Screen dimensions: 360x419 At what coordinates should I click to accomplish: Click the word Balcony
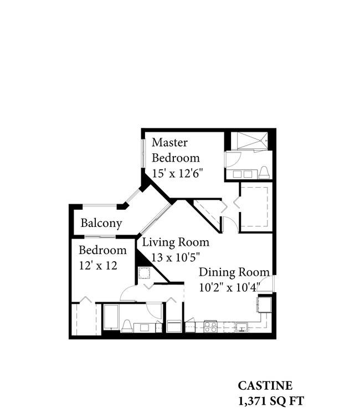pos(101,224)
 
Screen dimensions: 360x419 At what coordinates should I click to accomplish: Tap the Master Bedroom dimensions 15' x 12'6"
pos(176,173)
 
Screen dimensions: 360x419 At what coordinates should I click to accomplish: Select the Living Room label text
pos(176,242)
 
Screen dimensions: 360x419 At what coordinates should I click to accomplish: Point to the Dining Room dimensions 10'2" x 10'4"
pos(229,287)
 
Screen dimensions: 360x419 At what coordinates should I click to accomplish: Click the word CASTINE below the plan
pos(265,386)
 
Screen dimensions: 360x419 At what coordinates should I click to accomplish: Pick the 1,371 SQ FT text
pos(271,401)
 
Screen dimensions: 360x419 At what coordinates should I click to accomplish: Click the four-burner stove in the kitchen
pos(210,326)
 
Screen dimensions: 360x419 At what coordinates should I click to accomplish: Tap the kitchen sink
pos(241,327)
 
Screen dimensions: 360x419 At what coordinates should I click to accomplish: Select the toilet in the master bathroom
pos(264,172)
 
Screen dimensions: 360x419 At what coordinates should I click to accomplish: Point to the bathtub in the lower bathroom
pos(111,317)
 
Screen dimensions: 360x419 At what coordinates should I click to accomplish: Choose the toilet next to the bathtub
pos(126,326)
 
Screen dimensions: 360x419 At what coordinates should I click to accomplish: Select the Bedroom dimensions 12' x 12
pos(98,266)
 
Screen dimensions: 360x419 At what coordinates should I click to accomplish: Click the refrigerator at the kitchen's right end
pos(264,304)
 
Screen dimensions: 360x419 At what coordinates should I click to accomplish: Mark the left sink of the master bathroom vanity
pos(237,174)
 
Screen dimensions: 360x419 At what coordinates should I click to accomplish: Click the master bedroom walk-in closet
pos(255,207)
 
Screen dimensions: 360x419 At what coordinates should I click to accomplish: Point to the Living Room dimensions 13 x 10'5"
pos(176,257)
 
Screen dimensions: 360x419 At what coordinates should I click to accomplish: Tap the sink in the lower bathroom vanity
pos(145,328)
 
